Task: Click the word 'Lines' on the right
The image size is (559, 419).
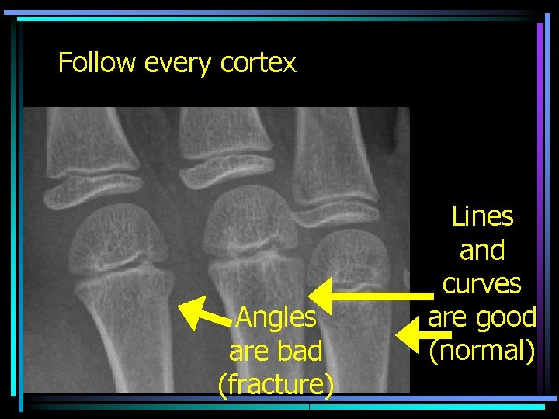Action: [482, 216]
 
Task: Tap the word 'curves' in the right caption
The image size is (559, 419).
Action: [482, 284]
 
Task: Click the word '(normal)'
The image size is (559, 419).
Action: [482, 351]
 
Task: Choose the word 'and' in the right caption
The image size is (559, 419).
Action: [482, 251]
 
